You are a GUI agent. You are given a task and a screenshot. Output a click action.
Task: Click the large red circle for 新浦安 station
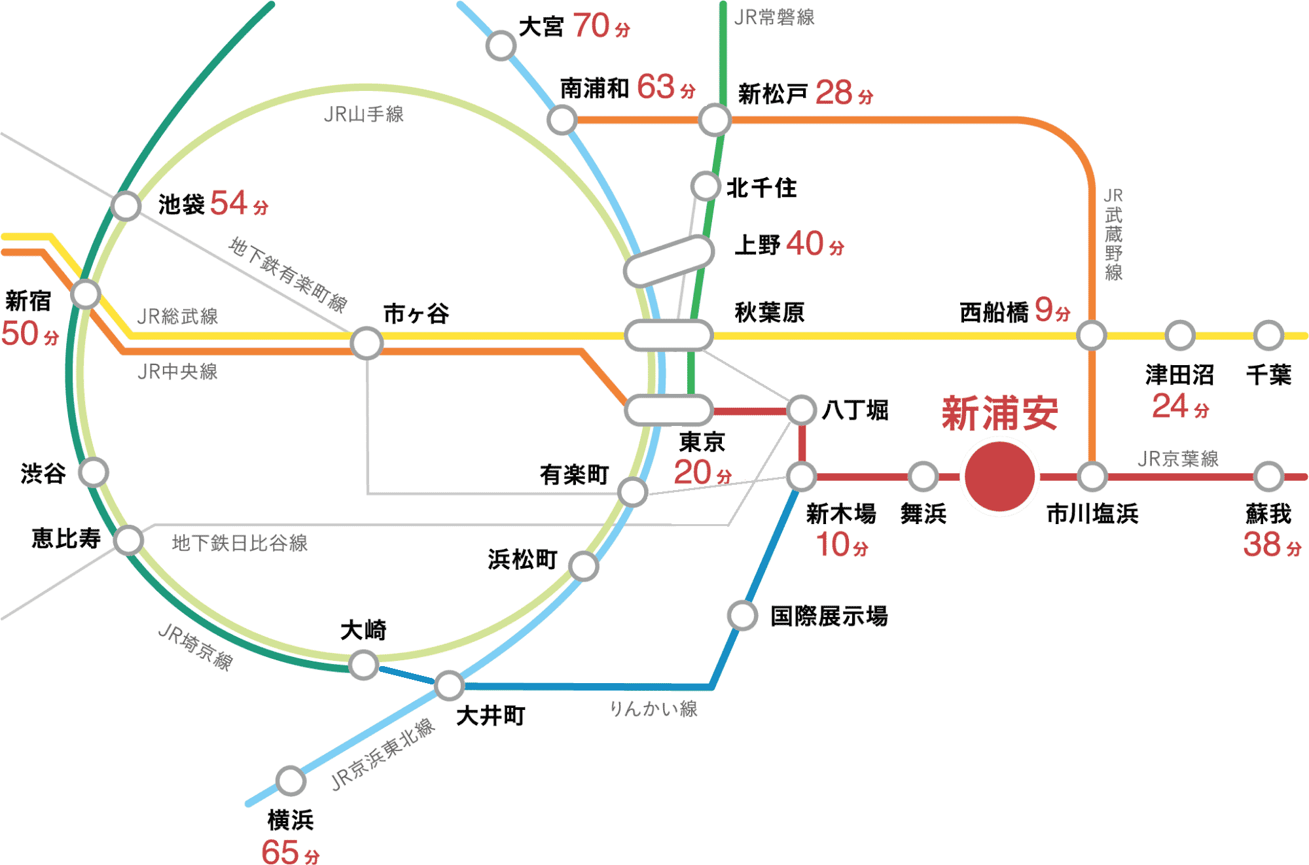point(999,477)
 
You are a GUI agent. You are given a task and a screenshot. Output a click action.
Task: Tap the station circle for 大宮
point(501,45)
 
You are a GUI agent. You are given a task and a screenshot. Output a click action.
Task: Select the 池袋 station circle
point(126,205)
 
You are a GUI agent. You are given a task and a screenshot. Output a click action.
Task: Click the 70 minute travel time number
point(592,26)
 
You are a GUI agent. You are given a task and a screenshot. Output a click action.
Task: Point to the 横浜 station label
point(291,820)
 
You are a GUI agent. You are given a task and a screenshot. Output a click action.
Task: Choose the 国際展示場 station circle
point(742,615)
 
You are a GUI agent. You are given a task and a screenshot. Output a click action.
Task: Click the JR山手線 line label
point(364,115)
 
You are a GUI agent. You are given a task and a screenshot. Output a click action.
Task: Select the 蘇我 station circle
point(1268,477)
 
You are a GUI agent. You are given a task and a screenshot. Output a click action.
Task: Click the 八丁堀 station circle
point(801,411)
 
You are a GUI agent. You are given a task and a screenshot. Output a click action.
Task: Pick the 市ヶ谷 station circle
point(367,343)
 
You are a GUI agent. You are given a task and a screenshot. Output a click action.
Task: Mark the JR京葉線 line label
point(1178,459)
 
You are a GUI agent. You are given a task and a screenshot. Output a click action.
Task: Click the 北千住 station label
point(761,188)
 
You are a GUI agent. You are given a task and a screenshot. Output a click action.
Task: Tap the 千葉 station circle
point(1268,336)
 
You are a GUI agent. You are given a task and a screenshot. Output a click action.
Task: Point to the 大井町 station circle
point(450,685)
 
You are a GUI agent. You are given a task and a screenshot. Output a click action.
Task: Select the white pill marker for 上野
point(668,262)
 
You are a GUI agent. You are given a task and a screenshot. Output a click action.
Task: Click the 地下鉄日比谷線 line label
point(240,543)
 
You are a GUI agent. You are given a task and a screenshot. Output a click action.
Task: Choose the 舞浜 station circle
point(923,477)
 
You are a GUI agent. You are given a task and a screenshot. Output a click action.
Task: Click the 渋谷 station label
point(43,473)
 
